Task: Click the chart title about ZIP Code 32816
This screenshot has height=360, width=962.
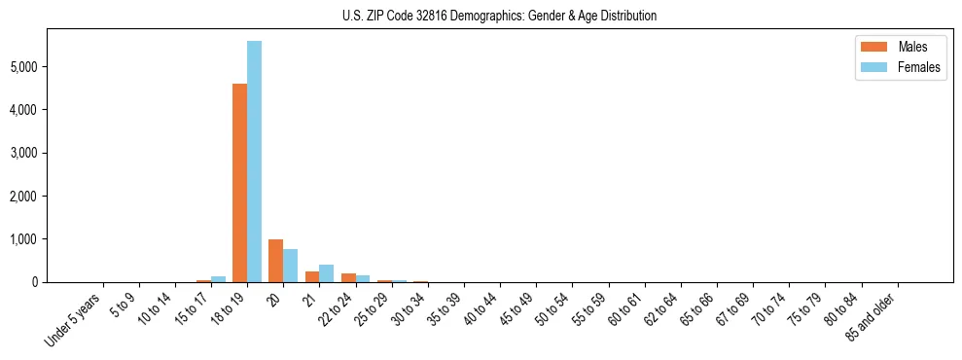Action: coord(500,16)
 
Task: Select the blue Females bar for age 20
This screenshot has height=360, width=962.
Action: coord(290,266)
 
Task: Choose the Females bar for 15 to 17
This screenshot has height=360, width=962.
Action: coord(218,279)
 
